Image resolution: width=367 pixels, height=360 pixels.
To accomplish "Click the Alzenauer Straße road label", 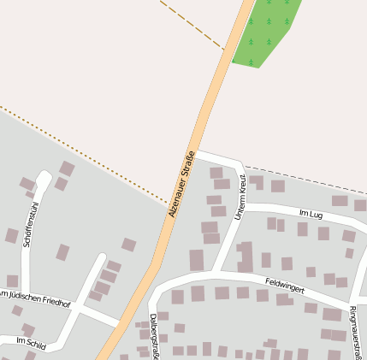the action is click(182, 183).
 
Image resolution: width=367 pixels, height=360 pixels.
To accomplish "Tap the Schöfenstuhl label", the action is click(31, 225).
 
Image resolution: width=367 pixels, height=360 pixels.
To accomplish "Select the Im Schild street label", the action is click(30, 341).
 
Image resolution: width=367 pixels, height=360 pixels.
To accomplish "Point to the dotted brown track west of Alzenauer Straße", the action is click(86, 154).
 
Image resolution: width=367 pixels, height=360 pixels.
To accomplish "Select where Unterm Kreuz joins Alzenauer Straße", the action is click(198, 154).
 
